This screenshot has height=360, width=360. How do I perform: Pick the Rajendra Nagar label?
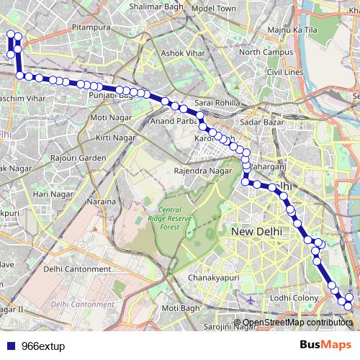204,171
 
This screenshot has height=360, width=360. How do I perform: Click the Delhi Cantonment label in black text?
78,269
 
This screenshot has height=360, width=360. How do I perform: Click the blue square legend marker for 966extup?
11,346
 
